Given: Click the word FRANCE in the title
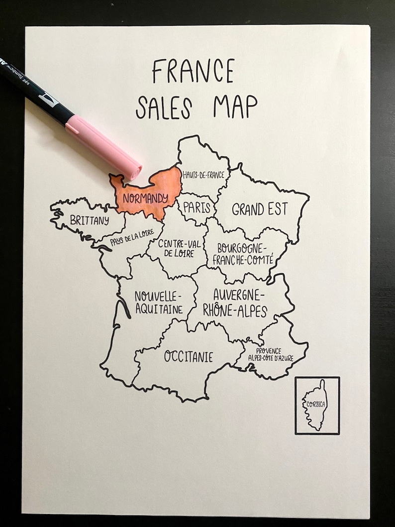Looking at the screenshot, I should pos(193,71).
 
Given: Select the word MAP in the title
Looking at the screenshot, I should pos(235,105).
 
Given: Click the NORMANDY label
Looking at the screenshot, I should pos(145,198).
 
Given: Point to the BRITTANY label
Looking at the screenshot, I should pos(90,220).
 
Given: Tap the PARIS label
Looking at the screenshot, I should pos(197,208).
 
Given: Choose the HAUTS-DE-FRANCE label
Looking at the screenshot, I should pos(203,175).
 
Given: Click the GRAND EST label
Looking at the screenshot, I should pos(260,209).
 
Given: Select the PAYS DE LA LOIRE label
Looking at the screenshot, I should pos(129,240).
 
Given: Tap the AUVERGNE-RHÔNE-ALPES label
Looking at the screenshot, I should pos(234,303).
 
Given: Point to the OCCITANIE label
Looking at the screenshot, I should pos(189,357).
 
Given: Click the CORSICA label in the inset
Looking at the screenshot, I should pos(316,404).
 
